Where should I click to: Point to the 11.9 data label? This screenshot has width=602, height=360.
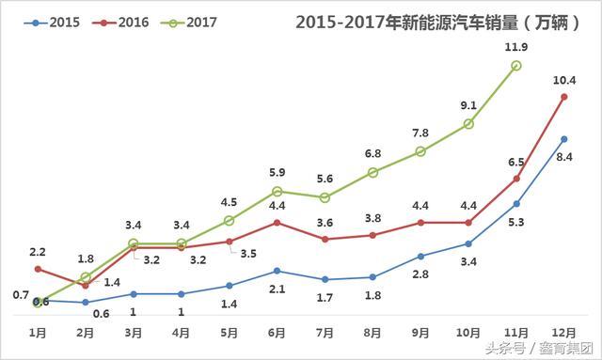(x=516, y=45)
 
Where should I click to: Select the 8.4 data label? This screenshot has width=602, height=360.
(x=564, y=157)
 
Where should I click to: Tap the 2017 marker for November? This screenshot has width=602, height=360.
(x=516, y=65)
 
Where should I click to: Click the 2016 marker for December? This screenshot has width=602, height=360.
(x=564, y=96)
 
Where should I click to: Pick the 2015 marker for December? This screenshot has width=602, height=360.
(x=564, y=138)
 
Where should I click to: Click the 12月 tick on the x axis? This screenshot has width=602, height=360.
(x=564, y=333)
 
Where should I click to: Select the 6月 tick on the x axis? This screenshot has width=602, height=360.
(x=277, y=333)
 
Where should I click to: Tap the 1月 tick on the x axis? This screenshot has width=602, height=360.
(x=38, y=333)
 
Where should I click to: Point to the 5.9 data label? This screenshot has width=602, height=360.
(x=277, y=172)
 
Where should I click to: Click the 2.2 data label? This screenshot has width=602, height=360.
(x=38, y=252)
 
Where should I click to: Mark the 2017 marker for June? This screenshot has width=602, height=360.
(x=277, y=192)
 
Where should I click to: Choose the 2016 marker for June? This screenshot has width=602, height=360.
(x=277, y=223)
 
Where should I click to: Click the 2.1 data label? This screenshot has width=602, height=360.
(x=277, y=290)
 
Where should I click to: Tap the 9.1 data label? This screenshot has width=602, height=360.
(x=468, y=105)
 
